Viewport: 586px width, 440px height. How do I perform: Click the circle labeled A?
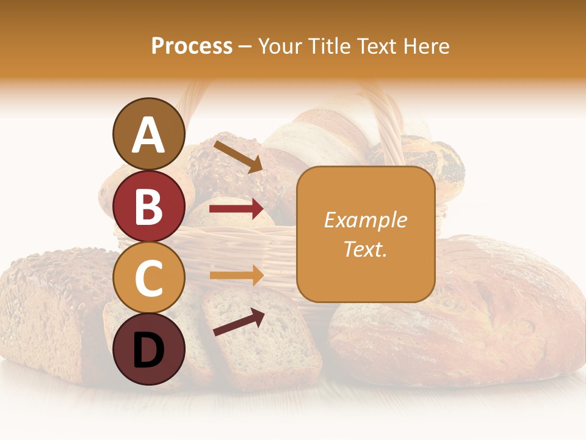click(148, 134)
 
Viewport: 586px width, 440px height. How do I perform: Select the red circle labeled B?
click(148, 206)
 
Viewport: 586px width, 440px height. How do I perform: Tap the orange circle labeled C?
click(148, 277)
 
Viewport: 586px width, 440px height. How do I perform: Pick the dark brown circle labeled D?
click(148, 349)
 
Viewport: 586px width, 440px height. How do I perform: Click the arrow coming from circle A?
click(237, 156)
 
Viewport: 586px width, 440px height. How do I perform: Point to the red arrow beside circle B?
click(236, 210)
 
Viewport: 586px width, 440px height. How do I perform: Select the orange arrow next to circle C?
click(236, 276)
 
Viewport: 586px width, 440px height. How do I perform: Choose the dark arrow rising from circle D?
click(239, 322)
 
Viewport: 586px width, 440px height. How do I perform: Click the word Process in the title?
click(192, 46)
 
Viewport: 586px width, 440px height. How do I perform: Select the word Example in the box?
click(365, 220)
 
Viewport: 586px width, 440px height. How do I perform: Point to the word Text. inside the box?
click(365, 249)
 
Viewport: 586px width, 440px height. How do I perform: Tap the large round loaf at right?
click(464, 312)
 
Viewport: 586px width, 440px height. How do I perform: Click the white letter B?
click(148, 206)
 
